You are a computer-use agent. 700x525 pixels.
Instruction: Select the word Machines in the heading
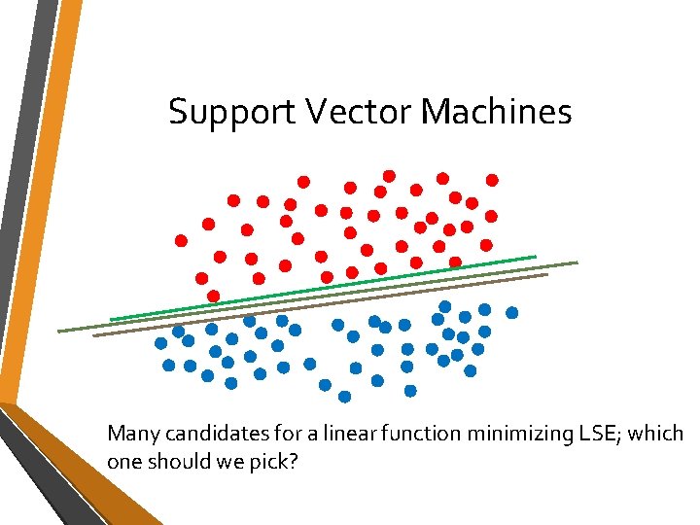pos(496,113)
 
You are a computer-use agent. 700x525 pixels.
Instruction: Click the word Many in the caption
pos(130,434)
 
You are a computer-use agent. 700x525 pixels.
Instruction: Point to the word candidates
pos(203,433)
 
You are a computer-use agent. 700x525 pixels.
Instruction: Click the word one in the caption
pos(125,462)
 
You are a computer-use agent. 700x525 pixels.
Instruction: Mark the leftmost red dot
pos(181,240)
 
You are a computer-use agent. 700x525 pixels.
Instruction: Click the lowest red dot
pos(214,296)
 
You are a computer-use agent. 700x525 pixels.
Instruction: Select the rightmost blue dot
pos(511,313)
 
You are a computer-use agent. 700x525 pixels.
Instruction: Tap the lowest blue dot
pos(344,397)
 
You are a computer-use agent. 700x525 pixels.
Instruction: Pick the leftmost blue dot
pos(160,343)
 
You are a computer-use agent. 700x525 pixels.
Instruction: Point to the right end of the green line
pos(534,257)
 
